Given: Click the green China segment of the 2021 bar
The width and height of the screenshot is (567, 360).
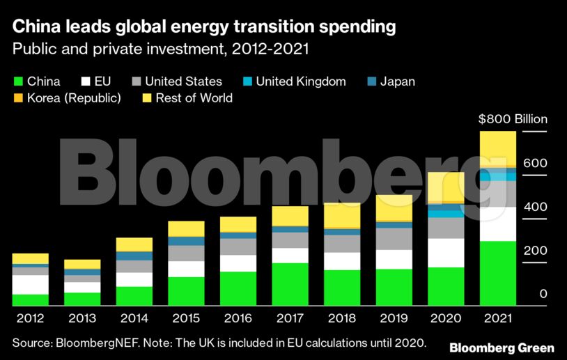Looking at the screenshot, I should (x=497, y=273).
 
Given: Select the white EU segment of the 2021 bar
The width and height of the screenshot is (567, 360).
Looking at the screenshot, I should (x=497, y=224).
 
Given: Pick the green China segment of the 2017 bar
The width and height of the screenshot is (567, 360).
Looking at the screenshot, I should (x=290, y=284).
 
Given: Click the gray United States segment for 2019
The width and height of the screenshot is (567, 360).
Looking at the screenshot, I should (x=394, y=238).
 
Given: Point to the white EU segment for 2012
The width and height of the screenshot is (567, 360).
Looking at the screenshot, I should (x=31, y=284).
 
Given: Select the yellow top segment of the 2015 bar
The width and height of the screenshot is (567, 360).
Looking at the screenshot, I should (x=186, y=228).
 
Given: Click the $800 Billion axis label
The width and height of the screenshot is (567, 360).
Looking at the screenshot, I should (x=513, y=119).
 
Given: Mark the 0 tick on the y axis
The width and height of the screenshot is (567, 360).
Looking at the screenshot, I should (x=543, y=294).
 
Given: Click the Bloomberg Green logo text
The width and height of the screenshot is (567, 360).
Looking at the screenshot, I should (x=502, y=347).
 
